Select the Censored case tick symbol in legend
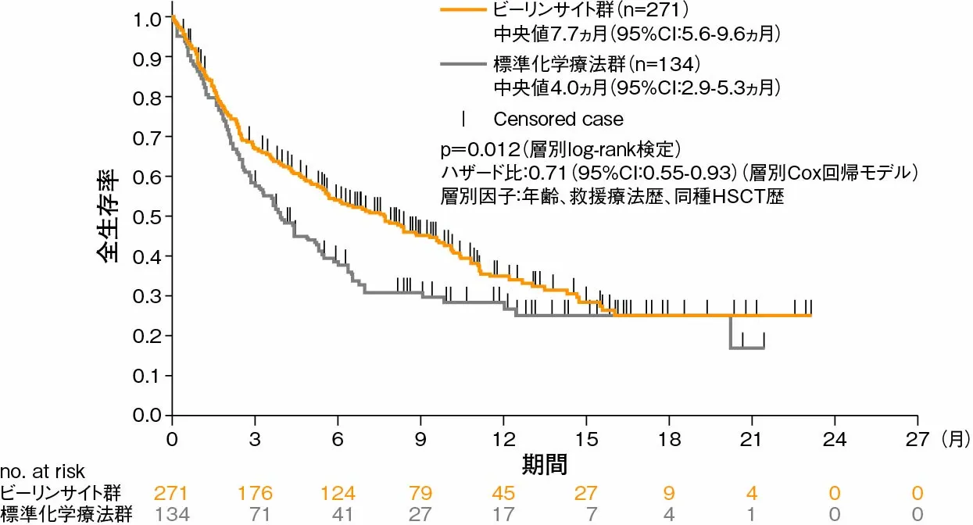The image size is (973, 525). pyautogui.click(x=464, y=119)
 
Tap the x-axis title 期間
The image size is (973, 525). pyautogui.click(x=545, y=463)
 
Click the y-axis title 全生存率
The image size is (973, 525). pyautogui.click(x=109, y=216)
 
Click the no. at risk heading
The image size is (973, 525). pyautogui.click(x=42, y=471)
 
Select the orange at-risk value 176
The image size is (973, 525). pyautogui.click(x=256, y=493)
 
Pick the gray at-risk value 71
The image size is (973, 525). pyautogui.click(x=256, y=514)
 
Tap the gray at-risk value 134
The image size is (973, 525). pyautogui.click(x=173, y=514)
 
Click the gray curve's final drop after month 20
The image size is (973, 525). pyautogui.click(x=731, y=333)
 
